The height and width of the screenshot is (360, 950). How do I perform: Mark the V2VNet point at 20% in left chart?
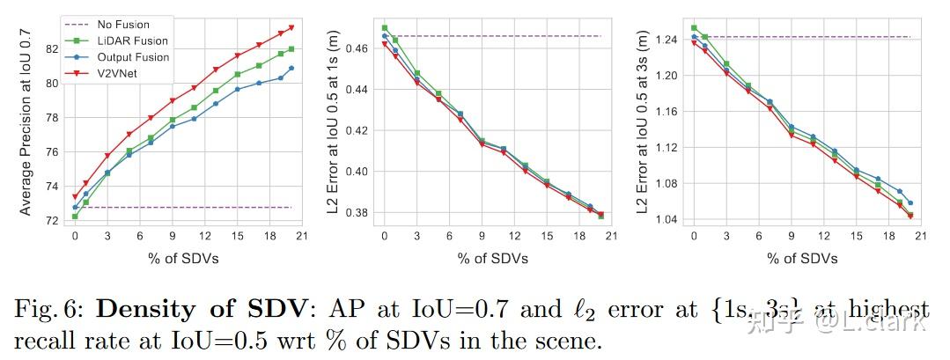click(291, 27)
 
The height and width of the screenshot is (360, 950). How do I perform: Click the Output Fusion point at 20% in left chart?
click(291, 68)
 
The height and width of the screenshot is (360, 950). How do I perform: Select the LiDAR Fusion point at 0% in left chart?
click(75, 216)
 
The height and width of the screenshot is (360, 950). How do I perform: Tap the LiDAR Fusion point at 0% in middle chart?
click(384, 27)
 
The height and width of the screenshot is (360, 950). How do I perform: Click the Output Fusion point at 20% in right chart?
click(909, 202)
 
